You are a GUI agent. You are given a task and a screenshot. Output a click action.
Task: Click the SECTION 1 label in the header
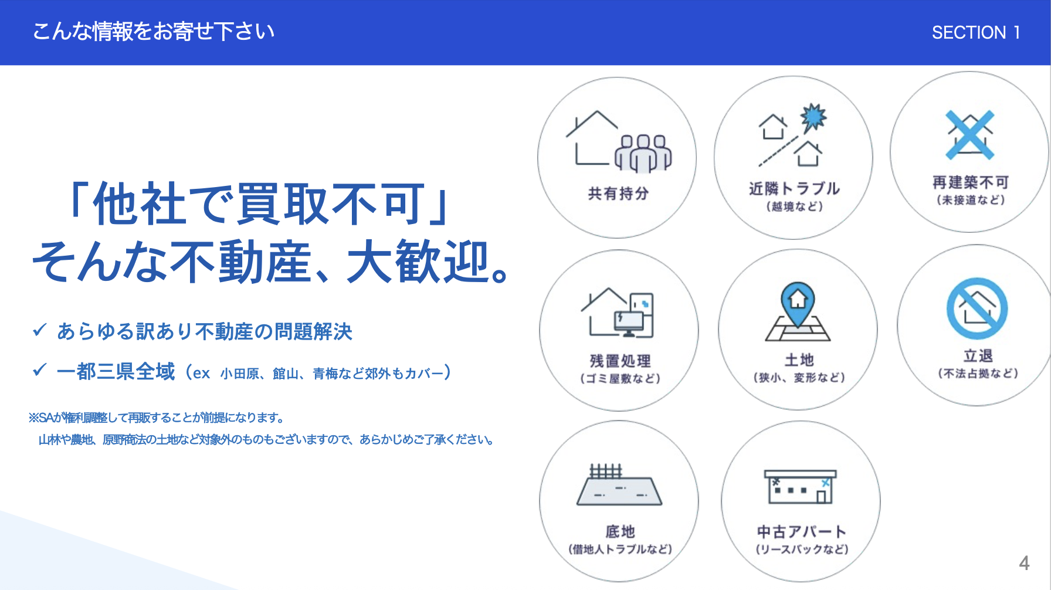pos(976,32)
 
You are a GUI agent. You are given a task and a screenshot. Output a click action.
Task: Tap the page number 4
pos(1024,563)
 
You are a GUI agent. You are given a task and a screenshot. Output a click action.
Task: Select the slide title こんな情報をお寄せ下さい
pos(154,31)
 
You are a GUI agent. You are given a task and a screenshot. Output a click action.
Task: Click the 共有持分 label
pos(618,194)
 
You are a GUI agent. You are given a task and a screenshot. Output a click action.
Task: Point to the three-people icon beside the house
pos(643,154)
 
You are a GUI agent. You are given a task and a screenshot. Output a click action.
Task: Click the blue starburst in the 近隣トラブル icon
pos(813,117)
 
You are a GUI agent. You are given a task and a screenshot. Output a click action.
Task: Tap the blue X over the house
pos(970,135)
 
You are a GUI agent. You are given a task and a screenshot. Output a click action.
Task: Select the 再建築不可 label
pos(971,182)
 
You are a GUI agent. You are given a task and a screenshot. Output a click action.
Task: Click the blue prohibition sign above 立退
pos(977,308)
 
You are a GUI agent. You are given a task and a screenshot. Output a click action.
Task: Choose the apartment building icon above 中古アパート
pos(800,486)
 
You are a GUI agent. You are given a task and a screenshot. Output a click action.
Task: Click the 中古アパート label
pos(802,531)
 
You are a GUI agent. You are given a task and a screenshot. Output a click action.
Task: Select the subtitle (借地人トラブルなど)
pos(621,549)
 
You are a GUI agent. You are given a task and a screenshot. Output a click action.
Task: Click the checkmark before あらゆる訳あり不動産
pos(39,330)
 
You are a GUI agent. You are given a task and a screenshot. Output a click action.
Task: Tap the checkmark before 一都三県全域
pos(39,370)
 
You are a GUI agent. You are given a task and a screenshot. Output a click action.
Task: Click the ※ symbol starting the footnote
pos(33,418)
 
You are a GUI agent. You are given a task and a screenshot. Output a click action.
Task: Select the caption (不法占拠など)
pos(978,373)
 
